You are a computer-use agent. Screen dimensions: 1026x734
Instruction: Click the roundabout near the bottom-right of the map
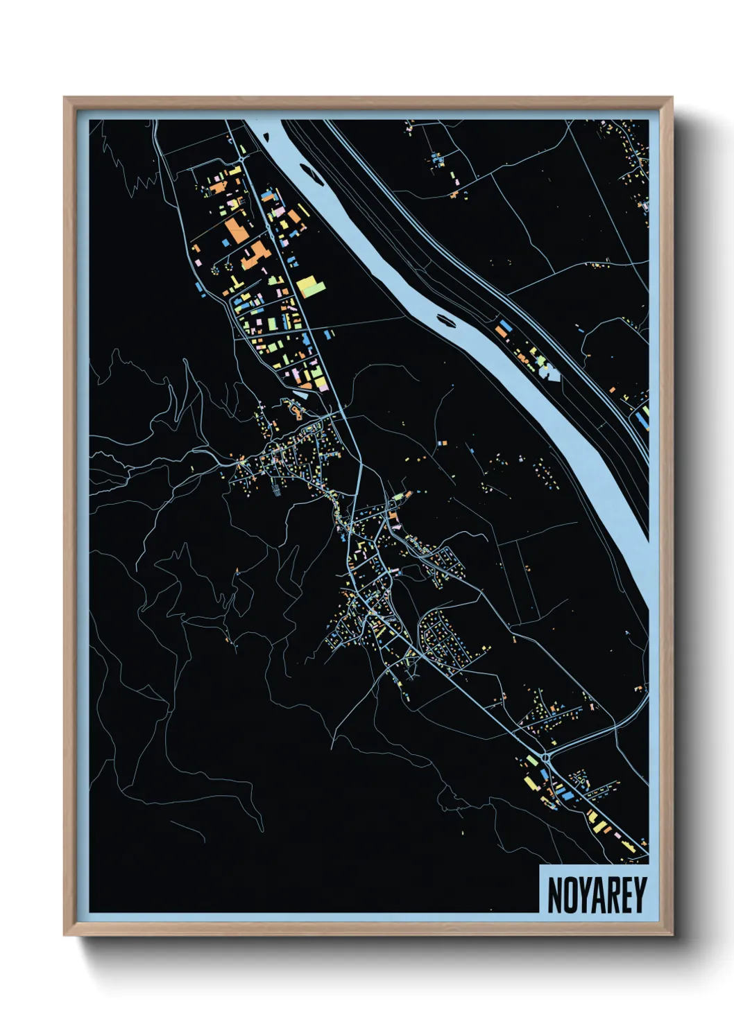click(546, 758)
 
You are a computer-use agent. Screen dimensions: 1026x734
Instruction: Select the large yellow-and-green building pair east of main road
click(310, 286)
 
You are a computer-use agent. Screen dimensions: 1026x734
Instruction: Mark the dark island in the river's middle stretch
click(444, 320)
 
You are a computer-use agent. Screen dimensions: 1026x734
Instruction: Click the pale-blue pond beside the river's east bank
click(549, 374)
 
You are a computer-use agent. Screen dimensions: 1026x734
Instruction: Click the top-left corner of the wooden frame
click(65, 98)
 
